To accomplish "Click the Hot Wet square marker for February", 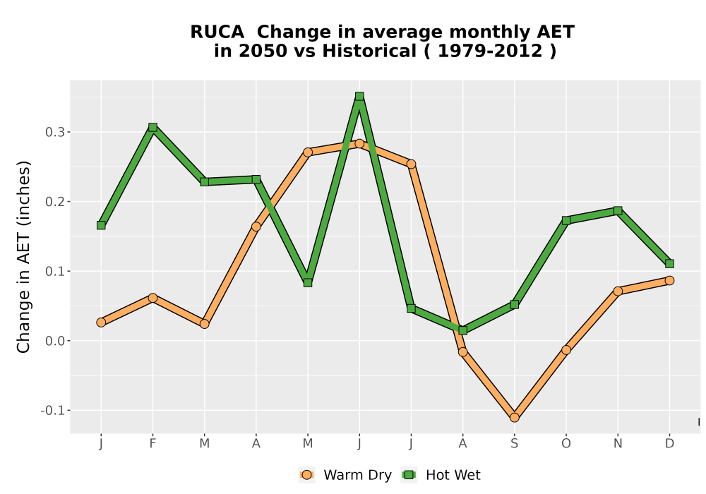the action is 152,127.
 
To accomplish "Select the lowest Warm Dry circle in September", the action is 514,418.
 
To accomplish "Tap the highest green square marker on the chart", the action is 359,96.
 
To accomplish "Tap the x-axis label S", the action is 514,444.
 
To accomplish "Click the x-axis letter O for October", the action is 566,444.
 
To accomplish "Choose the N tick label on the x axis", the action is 618,444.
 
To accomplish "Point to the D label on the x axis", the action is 669,444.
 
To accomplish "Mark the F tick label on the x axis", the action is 152,444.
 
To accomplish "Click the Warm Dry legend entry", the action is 345,475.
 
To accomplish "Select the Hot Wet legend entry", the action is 441,475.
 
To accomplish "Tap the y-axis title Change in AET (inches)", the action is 23,257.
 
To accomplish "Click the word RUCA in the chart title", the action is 217,32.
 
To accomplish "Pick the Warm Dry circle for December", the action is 669,280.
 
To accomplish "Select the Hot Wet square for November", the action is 618,210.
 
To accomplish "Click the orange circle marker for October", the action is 566,349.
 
